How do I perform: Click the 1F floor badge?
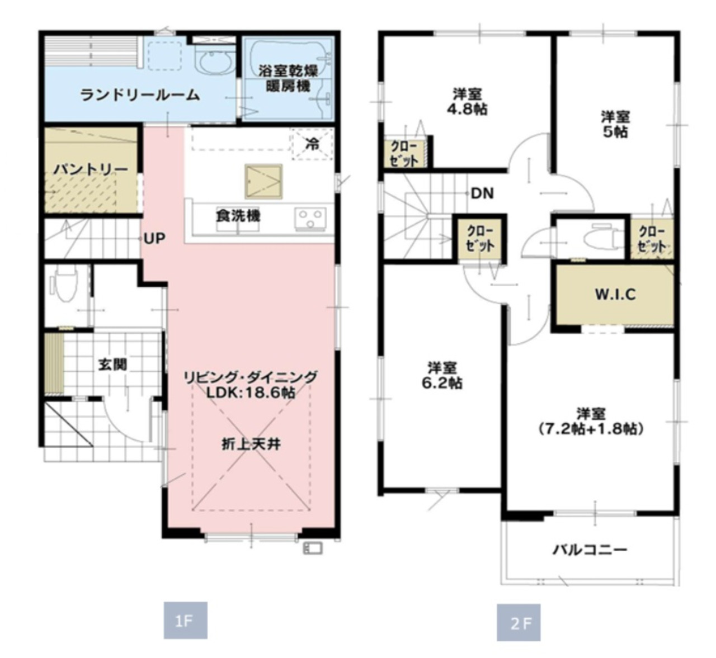click(185, 620)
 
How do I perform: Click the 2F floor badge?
click(519, 622)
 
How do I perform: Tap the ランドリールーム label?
click(139, 95)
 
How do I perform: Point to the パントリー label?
click(91, 169)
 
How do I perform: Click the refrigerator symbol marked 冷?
click(312, 144)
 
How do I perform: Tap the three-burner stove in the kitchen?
click(310, 218)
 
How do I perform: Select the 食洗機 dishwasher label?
click(238, 216)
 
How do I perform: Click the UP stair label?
click(154, 238)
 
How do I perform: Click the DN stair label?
click(482, 193)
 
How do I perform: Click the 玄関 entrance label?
click(113, 364)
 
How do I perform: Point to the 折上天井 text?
click(251, 444)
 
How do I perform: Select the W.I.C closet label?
click(615, 295)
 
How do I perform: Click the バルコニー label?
click(590, 550)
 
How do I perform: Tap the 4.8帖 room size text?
click(467, 109)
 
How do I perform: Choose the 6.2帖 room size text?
click(442, 384)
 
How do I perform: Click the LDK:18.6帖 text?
click(251, 393)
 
